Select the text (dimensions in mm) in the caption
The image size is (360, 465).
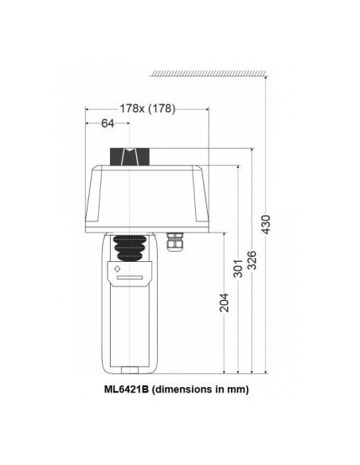point(202,389)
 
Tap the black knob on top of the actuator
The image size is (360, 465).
point(127,157)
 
